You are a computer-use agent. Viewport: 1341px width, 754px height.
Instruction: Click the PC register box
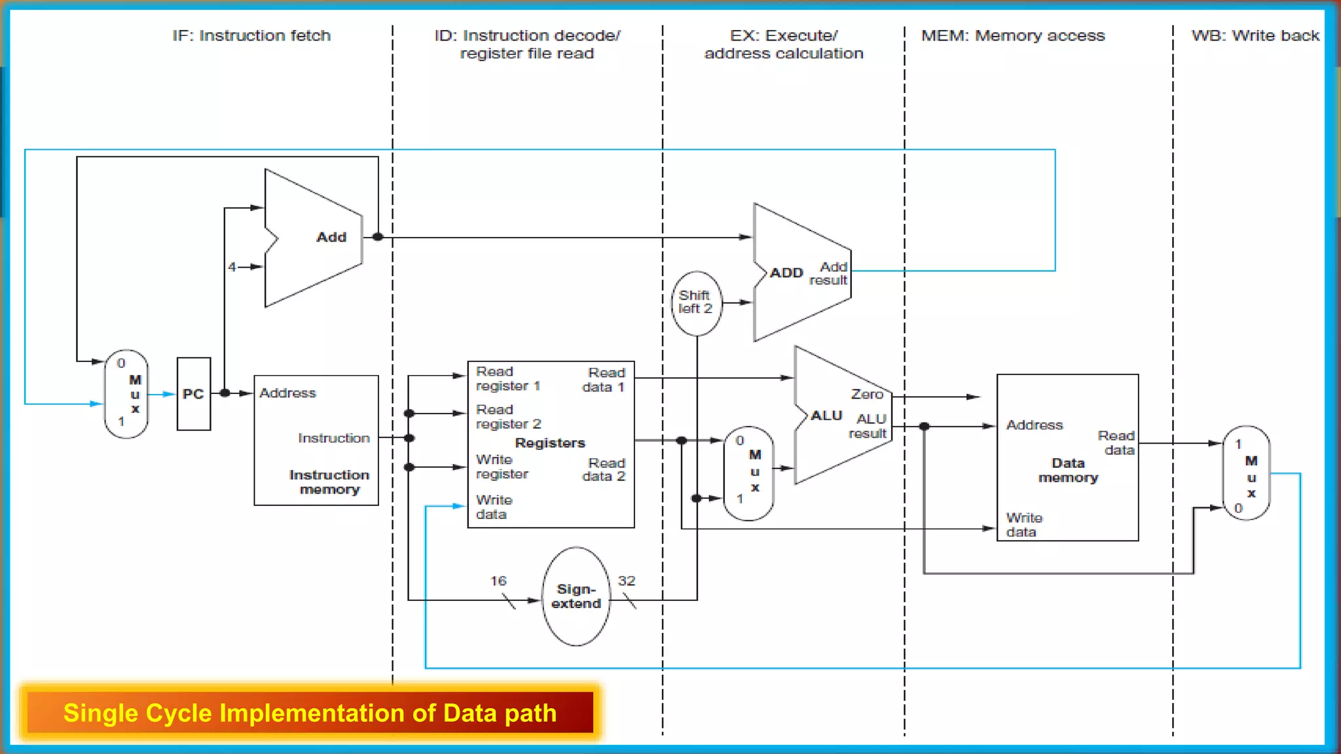click(193, 394)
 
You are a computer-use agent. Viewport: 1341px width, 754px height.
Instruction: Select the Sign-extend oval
click(576, 596)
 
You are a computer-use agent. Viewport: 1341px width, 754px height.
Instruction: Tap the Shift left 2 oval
click(696, 303)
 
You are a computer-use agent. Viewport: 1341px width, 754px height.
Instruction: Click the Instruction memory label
click(329, 482)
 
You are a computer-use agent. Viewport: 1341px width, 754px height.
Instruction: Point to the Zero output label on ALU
click(867, 394)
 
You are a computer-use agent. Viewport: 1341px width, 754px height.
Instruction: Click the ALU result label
click(868, 426)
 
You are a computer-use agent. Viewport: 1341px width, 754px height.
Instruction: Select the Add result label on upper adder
click(829, 274)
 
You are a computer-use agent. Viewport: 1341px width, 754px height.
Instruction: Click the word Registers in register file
click(550, 443)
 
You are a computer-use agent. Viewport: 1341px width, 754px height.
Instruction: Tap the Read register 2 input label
click(508, 417)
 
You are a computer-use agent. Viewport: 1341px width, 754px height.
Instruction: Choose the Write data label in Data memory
click(1023, 525)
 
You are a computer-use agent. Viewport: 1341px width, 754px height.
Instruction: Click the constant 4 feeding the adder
click(232, 267)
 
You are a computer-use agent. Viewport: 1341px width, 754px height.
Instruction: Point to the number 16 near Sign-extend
click(498, 581)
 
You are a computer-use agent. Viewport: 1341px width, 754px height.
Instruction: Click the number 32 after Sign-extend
click(627, 581)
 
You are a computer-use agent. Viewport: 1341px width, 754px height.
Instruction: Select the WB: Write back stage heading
click(1255, 36)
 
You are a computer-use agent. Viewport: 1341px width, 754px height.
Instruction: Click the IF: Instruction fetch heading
click(251, 36)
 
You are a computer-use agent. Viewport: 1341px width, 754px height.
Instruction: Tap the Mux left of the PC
click(126, 394)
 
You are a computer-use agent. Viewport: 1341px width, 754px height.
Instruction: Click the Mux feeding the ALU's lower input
click(749, 473)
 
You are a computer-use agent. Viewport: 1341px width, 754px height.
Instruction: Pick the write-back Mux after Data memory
click(1247, 473)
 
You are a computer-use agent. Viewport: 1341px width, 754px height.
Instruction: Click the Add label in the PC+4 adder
click(331, 237)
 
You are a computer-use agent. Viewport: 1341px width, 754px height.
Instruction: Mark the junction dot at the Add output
click(378, 237)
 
